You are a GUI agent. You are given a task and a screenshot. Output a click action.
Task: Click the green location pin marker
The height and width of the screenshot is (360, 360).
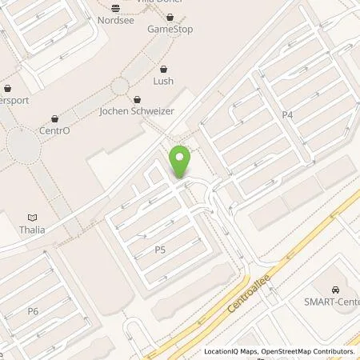click(x=180, y=162)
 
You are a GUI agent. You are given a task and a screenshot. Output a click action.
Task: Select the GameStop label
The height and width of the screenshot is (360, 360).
click(x=170, y=30)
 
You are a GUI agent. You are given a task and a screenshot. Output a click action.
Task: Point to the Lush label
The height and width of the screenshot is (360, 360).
click(x=163, y=81)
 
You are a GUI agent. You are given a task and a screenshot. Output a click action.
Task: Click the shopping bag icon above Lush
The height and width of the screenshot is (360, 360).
click(x=163, y=69)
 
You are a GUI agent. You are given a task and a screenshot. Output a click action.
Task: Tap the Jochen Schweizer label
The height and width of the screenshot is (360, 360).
click(x=137, y=112)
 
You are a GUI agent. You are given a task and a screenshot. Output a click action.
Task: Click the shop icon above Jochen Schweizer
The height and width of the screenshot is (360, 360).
click(x=137, y=100)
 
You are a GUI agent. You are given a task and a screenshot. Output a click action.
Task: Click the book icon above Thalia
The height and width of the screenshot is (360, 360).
click(x=33, y=217)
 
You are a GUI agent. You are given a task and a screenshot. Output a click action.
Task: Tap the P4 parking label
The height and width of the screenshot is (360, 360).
click(x=288, y=115)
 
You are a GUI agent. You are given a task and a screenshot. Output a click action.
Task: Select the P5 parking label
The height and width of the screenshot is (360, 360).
click(x=160, y=250)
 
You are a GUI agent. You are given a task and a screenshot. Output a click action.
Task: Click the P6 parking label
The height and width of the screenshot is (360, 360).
click(x=33, y=310)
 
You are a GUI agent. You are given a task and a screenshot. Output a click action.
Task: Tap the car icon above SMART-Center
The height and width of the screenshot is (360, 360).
click(x=334, y=289)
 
